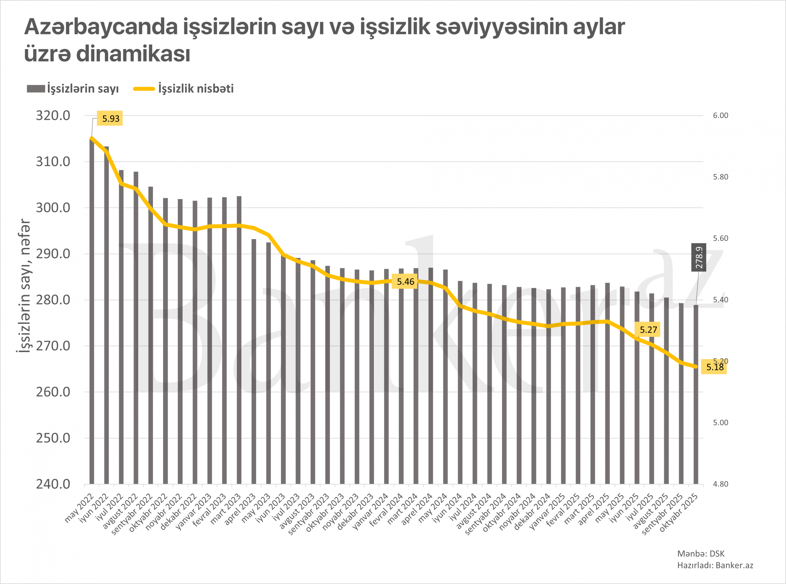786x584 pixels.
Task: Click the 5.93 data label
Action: (x=111, y=118)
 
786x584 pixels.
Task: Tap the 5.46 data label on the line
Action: (x=405, y=282)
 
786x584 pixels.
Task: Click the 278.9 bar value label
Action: (x=699, y=257)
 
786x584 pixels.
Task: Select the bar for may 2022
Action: (x=92, y=311)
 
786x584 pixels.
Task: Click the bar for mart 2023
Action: (x=239, y=339)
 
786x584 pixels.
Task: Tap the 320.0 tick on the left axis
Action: (x=53, y=116)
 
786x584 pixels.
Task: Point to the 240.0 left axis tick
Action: (x=53, y=484)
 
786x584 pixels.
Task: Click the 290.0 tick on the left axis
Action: (x=53, y=254)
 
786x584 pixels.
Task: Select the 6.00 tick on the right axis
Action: (x=721, y=116)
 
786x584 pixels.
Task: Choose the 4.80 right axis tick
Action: (x=721, y=484)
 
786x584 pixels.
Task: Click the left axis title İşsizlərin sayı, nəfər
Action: (x=23, y=285)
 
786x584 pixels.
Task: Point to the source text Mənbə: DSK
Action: (x=701, y=554)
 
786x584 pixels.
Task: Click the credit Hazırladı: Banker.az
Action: (x=715, y=565)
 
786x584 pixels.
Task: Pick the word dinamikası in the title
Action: (x=133, y=54)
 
